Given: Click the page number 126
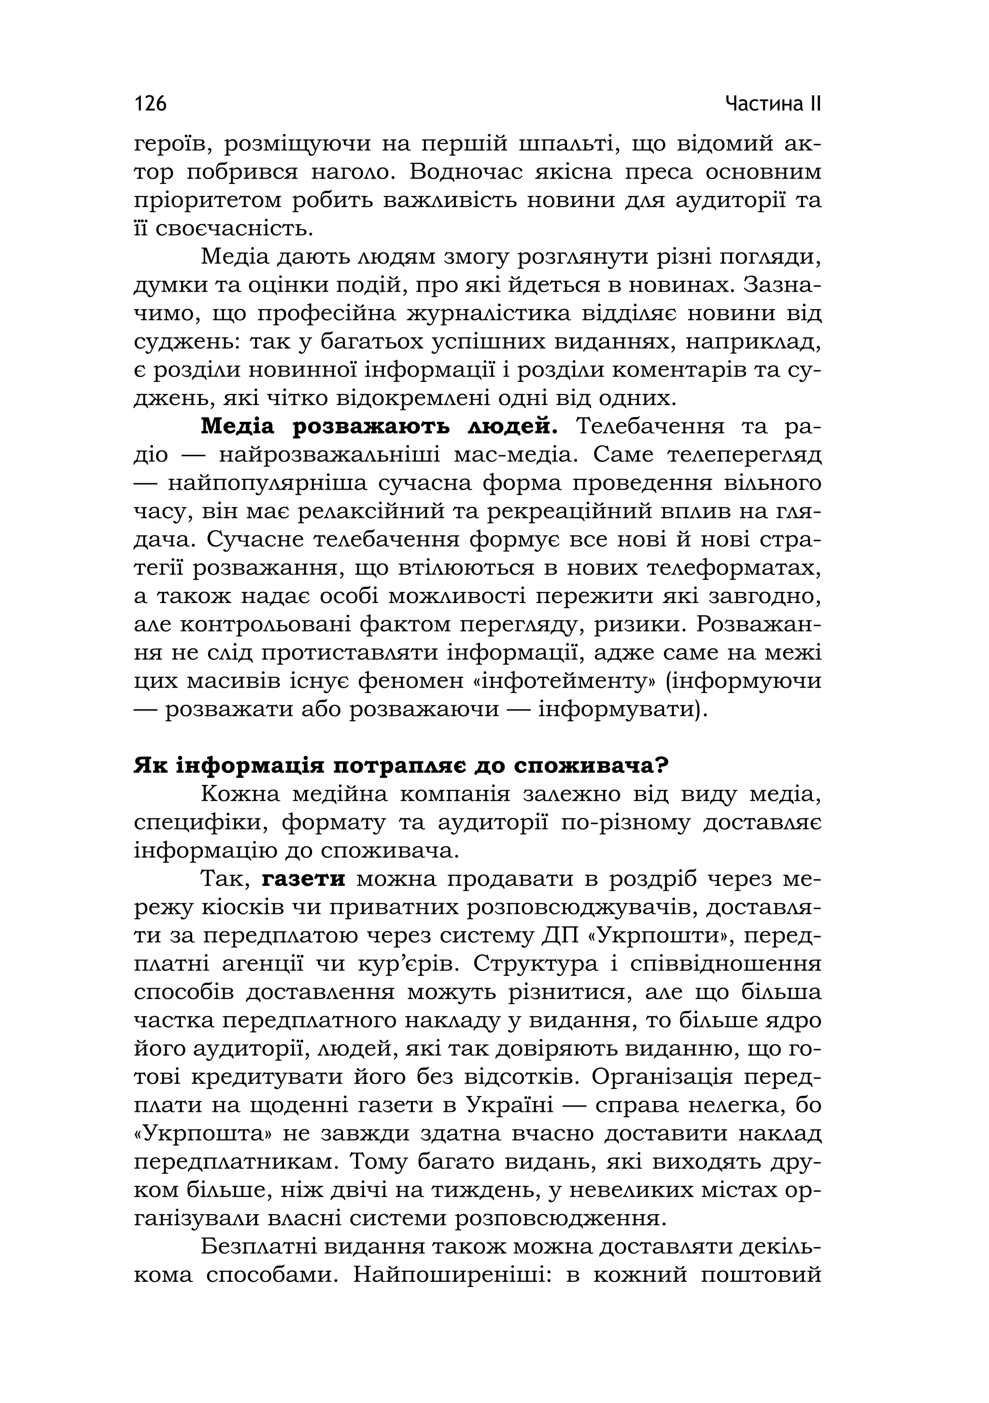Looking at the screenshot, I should (x=150, y=103).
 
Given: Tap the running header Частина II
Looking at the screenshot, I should (x=773, y=103).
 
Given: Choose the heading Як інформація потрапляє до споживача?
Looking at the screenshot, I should (x=401, y=766).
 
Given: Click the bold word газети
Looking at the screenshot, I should (x=304, y=879).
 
